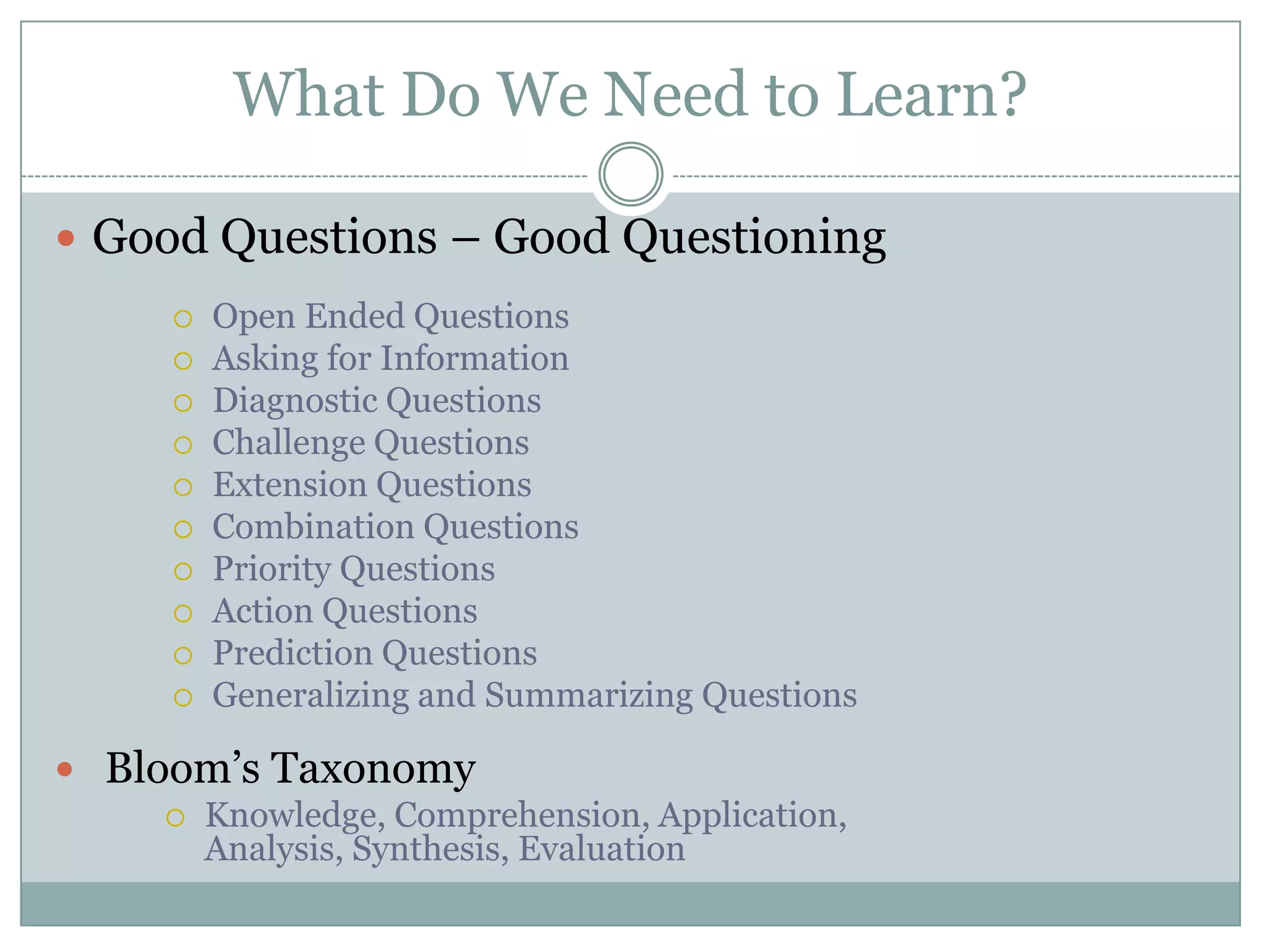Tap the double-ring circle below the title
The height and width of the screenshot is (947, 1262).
(630, 174)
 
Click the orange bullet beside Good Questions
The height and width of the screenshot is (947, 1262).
(66, 238)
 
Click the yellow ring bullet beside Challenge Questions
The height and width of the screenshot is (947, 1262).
(183, 445)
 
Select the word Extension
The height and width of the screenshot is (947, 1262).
(290, 485)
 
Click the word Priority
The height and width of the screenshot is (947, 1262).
(271, 570)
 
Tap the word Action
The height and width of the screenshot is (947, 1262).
(263, 611)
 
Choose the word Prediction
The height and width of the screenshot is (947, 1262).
(293, 653)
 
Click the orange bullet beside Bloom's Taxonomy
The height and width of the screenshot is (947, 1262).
(65, 769)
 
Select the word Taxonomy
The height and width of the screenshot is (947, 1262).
(373, 769)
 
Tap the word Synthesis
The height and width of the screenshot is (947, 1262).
(430, 850)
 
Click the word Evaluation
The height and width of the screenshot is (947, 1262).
(601, 849)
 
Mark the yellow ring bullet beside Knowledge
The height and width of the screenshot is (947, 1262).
(176, 818)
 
